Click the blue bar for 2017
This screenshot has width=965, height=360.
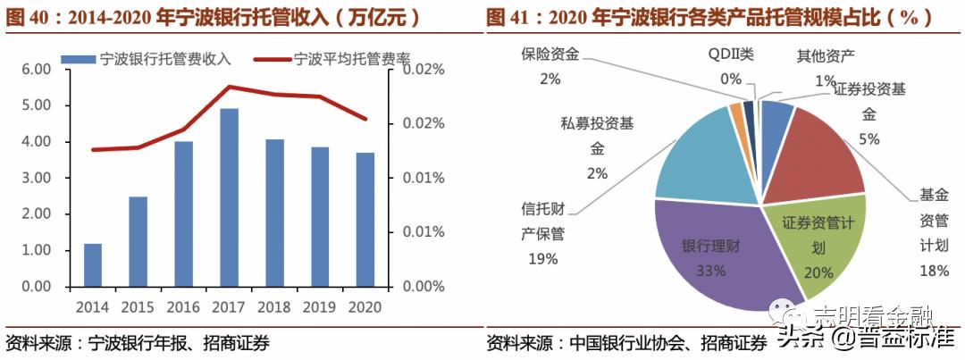point(230,197)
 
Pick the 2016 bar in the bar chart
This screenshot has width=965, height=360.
point(184,213)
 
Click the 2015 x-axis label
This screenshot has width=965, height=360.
point(138,306)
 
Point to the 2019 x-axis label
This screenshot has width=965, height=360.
point(321,306)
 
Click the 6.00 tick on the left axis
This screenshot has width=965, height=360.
point(37,69)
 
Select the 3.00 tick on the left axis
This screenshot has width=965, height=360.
point(37,178)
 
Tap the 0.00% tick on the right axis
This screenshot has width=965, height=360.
point(423,287)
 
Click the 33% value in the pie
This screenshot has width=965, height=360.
point(711,272)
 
